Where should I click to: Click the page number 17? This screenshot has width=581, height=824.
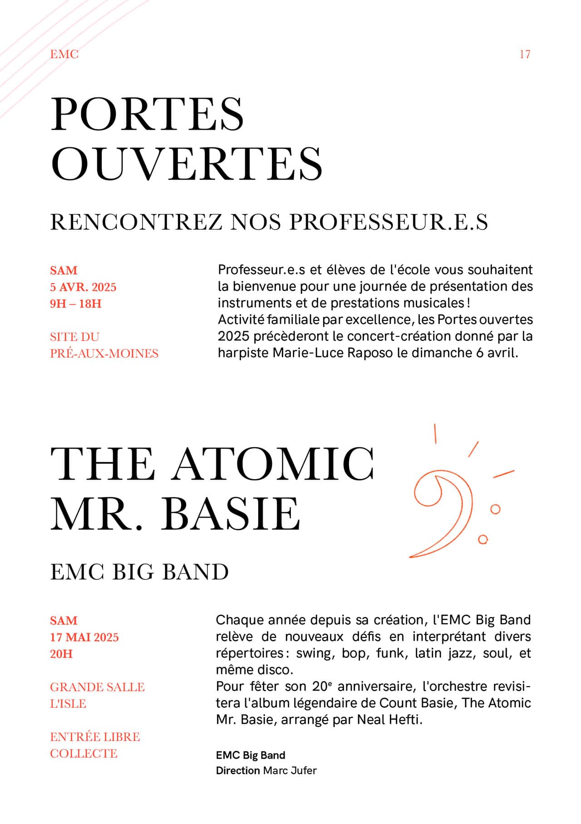[x=525, y=54]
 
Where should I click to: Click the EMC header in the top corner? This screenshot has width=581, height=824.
[x=64, y=54]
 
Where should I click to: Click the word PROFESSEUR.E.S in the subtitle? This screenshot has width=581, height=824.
[x=389, y=222]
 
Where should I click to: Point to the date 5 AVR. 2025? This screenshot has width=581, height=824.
[x=83, y=287]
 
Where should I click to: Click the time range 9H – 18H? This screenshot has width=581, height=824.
[x=76, y=304]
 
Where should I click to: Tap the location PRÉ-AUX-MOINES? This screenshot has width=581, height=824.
[x=104, y=353]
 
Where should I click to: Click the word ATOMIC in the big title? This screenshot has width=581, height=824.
[x=273, y=464]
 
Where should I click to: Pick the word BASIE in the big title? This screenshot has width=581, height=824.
[x=231, y=514]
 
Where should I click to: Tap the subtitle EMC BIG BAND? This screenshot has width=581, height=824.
[x=139, y=572]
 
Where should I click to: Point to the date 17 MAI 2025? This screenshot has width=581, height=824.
[x=84, y=638]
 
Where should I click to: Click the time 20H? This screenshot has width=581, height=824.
[x=61, y=654]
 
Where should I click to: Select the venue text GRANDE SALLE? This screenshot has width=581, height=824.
[x=97, y=687]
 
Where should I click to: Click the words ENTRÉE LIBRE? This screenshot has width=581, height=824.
[x=95, y=737]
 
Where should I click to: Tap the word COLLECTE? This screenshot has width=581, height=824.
[x=84, y=754]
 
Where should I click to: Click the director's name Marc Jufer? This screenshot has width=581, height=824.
[x=290, y=770]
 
